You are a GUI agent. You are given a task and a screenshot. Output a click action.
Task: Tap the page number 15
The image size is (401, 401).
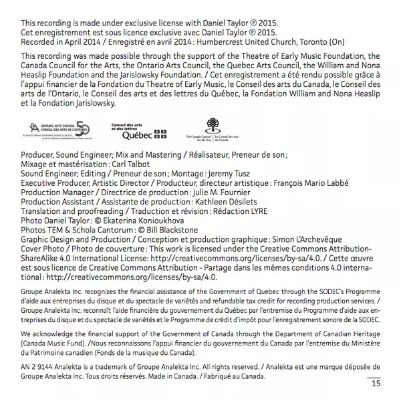[x=376, y=383]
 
